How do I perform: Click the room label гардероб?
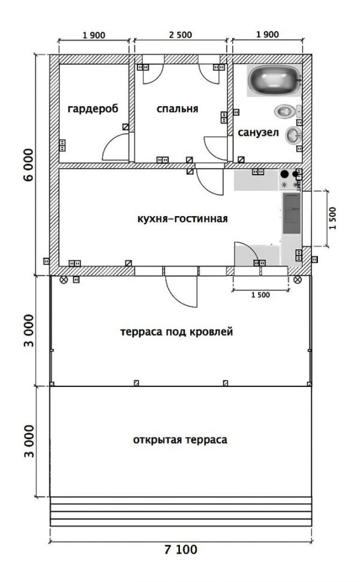tap(93, 109)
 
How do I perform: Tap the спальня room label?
tap(178, 109)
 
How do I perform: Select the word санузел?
tap(258, 133)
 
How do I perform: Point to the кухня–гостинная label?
tap(182, 218)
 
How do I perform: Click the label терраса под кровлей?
tap(176, 331)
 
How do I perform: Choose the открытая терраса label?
tap(180, 440)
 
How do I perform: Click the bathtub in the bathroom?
tap(275, 80)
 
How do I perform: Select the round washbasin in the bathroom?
tap(293, 135)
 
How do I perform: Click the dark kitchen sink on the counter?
tap(292, 213)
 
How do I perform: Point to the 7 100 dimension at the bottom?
tap(181, 550)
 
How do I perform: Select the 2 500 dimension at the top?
tap(181, 35)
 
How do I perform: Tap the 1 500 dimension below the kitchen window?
tap(260, 295)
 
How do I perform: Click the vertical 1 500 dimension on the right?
tap(332, 218)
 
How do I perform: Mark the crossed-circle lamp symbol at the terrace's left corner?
tap(64, 280)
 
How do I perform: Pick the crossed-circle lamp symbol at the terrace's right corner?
tap(298, 280)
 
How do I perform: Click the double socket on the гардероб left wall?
tap(62, 145)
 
